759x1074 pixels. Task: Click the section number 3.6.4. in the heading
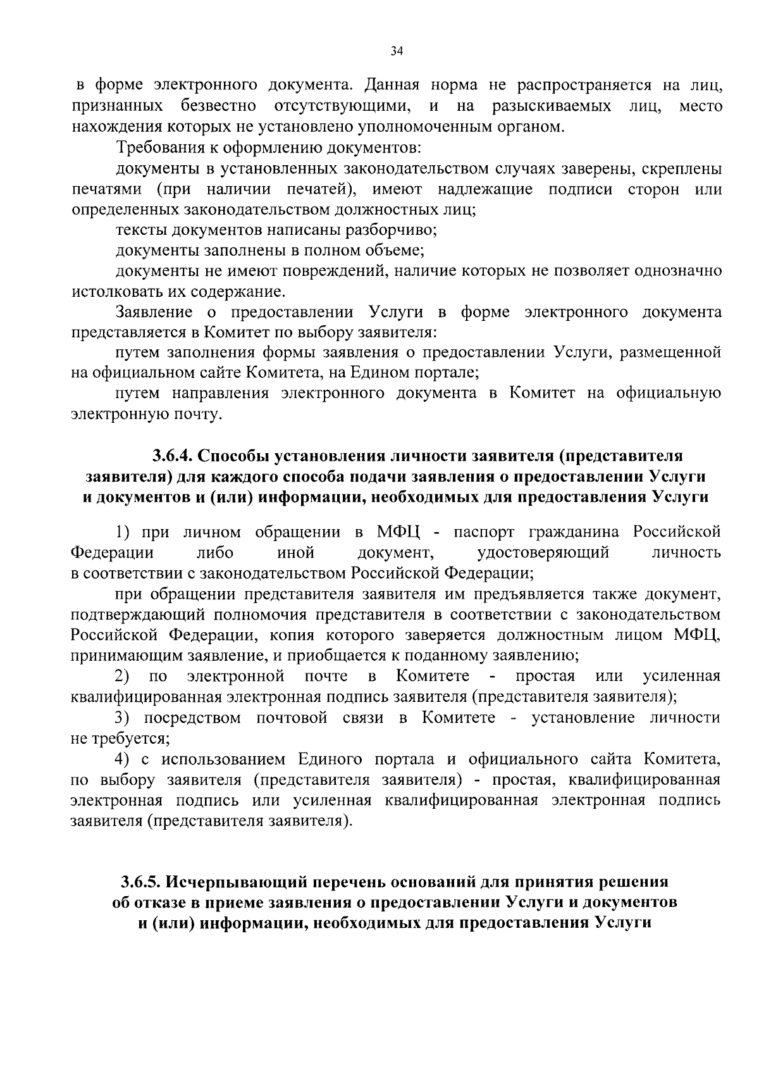pos(172,456)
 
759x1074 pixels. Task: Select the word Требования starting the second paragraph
pos(156,148)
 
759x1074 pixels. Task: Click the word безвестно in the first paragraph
pos(218,106)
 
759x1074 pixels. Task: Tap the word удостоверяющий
pos(543,553)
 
